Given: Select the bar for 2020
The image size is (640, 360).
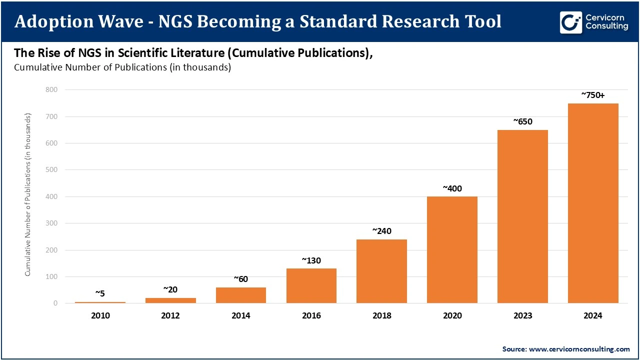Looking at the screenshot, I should pos(452,249).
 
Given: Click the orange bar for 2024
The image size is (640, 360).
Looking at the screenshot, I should pos(593,203).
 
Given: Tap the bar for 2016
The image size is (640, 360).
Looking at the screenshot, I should pos(311,285).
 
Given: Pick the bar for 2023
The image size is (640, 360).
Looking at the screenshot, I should pos(522,216).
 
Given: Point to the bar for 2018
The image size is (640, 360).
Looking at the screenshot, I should pos(381,271).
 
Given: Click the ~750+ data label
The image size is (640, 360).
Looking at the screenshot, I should pos(593,94).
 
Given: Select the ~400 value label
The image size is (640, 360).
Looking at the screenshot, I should pos(452,188).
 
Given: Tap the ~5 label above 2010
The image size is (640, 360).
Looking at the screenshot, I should pos(100,293).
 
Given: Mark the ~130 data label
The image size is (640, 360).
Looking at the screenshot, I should pos(311,260).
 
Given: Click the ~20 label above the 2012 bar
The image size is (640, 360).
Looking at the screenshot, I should pos(170,289).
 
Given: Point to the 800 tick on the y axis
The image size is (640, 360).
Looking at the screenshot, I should pos(51,90).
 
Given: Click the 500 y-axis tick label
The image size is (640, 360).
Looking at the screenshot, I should pos(51,170).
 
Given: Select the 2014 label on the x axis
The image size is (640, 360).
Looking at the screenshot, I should pos(241,316).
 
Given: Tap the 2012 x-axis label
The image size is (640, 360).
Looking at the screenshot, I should pos(170,316).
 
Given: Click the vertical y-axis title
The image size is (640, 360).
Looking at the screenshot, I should pos(28,194).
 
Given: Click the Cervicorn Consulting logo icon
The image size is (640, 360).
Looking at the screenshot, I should pos(570,22).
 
